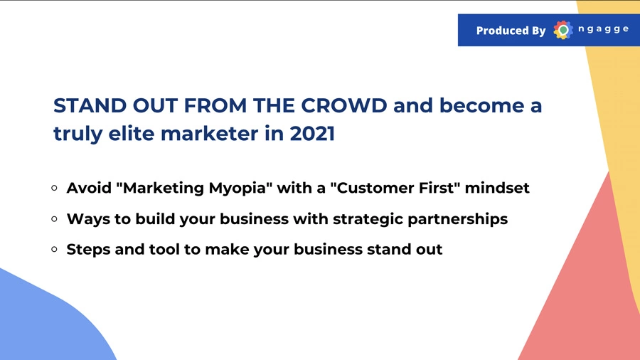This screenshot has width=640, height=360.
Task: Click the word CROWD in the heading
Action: coord(344,106)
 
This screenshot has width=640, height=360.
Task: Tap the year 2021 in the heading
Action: coord(312,134)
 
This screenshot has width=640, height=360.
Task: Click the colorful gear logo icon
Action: coord(563,30)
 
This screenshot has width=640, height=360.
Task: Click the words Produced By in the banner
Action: coord(511,31)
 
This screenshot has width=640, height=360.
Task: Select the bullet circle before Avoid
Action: coord(55,188)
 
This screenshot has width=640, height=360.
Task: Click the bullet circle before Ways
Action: coord(55,219)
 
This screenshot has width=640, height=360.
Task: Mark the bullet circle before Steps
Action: coord(55,250)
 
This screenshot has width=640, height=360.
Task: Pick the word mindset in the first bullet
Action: coord(497,188)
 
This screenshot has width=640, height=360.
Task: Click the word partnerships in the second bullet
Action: coord(457,219)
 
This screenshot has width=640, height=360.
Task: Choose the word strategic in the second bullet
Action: coord(368,219)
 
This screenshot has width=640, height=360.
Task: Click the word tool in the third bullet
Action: coord(164,250)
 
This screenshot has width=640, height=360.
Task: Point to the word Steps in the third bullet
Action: coord(89,250)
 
